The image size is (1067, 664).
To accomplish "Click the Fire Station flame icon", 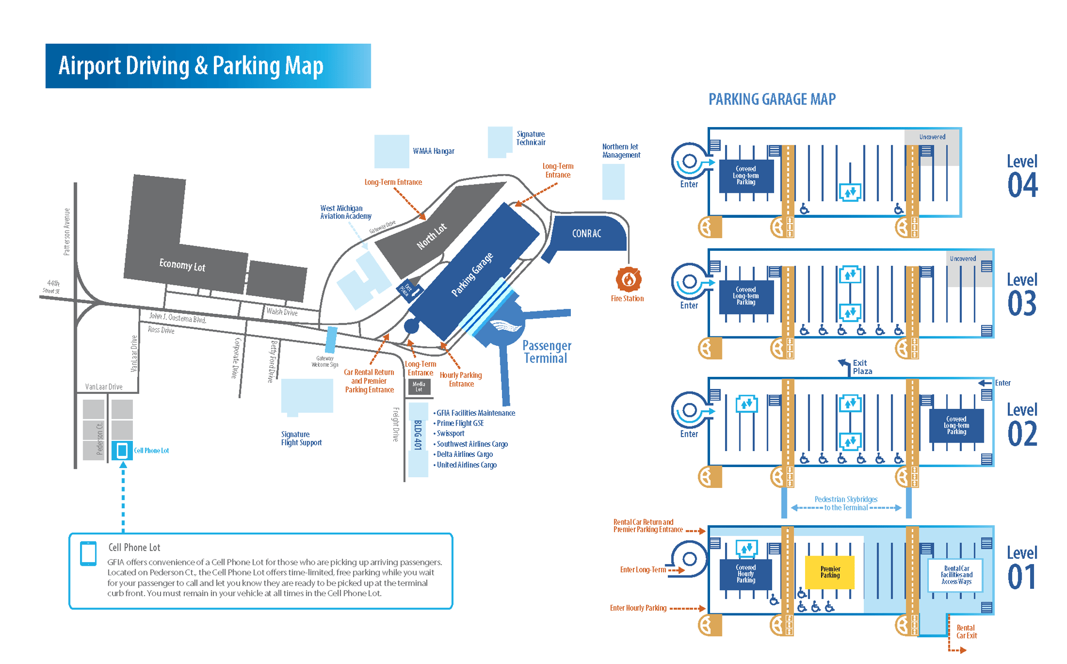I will pos(628,279).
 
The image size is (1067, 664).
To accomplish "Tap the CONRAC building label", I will pos(586,233).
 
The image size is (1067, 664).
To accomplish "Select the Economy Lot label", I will pos(182,265).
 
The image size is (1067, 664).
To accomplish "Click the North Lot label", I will pos(431,236).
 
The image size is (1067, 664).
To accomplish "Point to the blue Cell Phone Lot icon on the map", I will pos(122,450).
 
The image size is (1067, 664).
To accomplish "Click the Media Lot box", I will pos(419,386).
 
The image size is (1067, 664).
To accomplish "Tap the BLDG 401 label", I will pos(418,435).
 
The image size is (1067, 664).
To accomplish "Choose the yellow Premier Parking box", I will pos(830,572).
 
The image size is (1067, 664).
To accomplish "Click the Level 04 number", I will pos(1022,185).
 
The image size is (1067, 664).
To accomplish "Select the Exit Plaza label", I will pos(862,367).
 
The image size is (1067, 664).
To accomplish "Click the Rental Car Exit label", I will pos(966,631).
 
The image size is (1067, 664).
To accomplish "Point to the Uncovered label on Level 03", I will pos(962,258).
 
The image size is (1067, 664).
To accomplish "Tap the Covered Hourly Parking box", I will pos(745,574).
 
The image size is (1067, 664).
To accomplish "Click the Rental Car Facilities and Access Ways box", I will pos(956,575).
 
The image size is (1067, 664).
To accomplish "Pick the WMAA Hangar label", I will pos(433,151).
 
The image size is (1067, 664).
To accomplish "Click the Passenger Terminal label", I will pos(546,352).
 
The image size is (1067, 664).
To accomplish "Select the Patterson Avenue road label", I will pos(67,232).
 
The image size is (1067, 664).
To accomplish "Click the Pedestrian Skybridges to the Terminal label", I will pos(846,503).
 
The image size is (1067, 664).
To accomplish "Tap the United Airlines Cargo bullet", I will pos(466,465).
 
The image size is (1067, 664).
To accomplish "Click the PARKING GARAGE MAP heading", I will pos(771,99).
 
